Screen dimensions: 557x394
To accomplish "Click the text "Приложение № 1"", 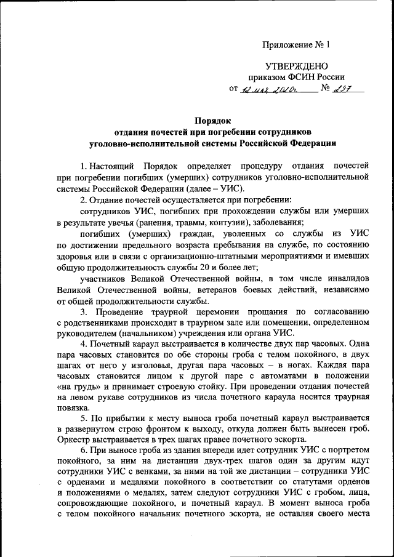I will point(296,44).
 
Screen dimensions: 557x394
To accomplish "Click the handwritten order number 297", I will point(345,89).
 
